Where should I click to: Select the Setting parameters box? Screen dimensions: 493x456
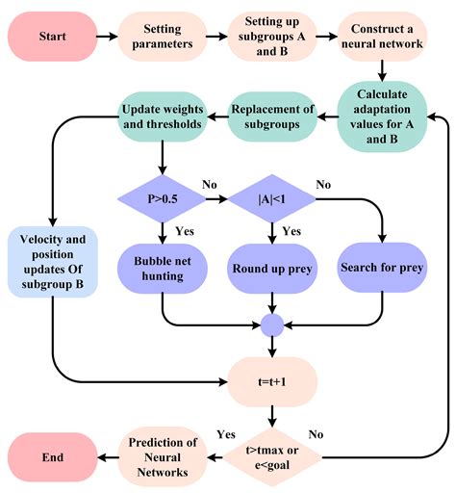pos(168,38)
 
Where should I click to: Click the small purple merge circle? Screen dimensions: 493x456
pos(273,324)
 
